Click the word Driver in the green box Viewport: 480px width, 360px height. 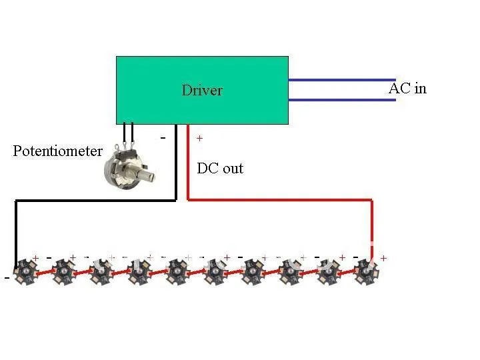(202, 91)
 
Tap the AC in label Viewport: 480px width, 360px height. (407, 88)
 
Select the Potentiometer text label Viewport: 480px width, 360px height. (58, 151)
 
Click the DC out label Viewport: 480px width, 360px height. (220, 169)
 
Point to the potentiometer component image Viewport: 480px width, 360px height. (127, 165)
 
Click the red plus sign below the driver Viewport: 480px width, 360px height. (199, 139)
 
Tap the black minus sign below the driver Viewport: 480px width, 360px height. (163, 137)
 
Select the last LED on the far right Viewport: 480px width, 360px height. (366, 270)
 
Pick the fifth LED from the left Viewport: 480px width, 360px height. (177, 270)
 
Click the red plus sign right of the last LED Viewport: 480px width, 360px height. (383, 257)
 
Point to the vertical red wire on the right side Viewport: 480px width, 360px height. (372, 227)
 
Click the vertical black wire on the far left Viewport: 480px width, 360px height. (16, 230)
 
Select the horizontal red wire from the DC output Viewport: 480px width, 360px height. (280, 199)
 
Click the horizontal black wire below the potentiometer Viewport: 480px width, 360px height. (93, 199)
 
